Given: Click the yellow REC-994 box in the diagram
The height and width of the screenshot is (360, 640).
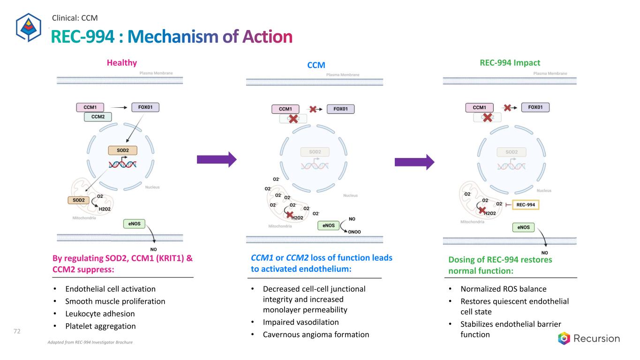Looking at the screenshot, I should [x=526, y=205].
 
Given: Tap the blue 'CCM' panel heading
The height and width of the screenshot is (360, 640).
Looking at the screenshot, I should [x=316, y=65].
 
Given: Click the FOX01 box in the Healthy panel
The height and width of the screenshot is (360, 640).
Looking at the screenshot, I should [x=145, y=107].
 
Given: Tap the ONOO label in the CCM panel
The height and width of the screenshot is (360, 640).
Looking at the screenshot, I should [x=354, y=232].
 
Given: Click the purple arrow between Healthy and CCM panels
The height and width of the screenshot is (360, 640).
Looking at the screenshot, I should [x=217, y=159].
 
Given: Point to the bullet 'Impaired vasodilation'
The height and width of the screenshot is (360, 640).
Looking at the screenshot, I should [x=301, y=322].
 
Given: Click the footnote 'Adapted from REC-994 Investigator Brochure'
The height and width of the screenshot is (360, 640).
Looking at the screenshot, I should [x=90, y=343].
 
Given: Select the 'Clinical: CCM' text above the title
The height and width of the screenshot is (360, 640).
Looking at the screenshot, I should [x=75, y=18].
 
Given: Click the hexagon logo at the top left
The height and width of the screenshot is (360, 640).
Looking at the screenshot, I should [x=29, y=27].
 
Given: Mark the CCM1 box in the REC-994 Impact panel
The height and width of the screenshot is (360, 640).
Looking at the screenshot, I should [x=479, y=107].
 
